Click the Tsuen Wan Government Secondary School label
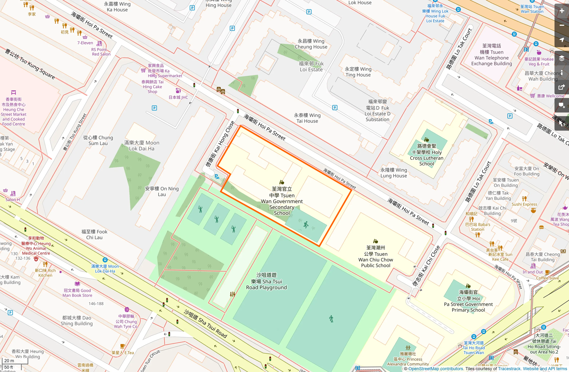pos(281,201)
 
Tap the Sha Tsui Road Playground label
pos(266,281)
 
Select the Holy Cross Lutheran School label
pos(426,155)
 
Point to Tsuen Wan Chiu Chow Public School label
pos(375,257)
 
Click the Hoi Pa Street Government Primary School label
pos(468,301)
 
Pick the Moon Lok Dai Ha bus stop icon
pos(105,260)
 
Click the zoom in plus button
pos(562,11)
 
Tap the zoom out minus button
pos(562,25)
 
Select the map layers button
pos(562,58)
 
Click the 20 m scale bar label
pos(9,361)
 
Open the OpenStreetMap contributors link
pos(436,369)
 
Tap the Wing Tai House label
pos(307,118)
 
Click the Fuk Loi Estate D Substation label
pos(377,111)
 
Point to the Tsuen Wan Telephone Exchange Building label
pos(491,55)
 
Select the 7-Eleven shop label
pos(85,43)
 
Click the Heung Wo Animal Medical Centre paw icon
pos(36,259)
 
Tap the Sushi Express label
pos(524,204)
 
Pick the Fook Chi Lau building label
pos(94,234)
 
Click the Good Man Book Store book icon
pos(77,284)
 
